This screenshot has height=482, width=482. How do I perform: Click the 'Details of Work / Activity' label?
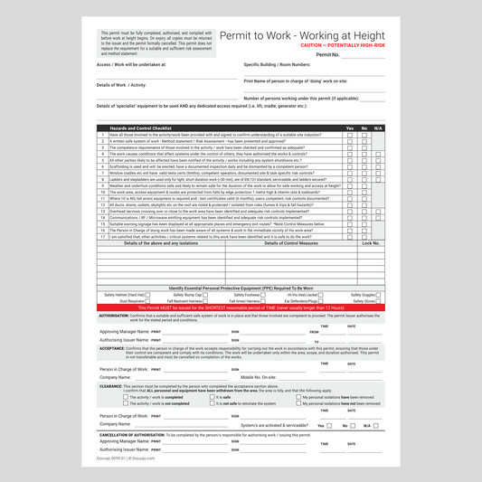click(x=121, y=84)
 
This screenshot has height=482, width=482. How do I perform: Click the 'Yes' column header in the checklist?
click(x=350, y=128)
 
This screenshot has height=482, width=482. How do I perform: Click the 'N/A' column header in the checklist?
click(x=378, y=128)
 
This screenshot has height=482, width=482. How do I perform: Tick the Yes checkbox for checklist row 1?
click(x=350, y=135)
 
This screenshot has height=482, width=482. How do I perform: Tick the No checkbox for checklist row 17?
click(x=364, y=237)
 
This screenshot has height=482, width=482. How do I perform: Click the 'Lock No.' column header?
click(x=371, y=242)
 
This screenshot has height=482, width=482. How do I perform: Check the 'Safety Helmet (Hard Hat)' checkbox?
click(x=148, y=295)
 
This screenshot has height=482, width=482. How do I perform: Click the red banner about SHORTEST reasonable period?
click(x=241, y=307)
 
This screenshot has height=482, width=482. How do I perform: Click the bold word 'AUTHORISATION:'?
click(x=114, y=316)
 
